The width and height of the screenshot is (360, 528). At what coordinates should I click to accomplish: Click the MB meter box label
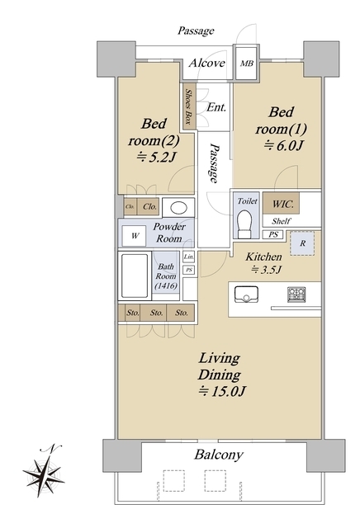247,64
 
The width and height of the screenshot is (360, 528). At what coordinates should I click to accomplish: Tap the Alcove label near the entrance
206,63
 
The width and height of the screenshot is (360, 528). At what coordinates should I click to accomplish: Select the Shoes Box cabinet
189,106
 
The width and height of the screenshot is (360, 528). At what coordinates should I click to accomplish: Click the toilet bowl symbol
244,224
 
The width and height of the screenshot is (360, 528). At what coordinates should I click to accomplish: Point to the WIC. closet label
283,204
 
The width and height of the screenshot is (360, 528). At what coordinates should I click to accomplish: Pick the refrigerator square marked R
302,243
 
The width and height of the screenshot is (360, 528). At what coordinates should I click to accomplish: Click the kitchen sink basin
246,295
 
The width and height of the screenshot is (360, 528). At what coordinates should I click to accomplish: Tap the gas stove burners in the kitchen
296,295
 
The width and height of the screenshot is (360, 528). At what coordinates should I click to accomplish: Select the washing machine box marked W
134,236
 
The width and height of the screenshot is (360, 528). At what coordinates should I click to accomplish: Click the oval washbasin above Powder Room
178,208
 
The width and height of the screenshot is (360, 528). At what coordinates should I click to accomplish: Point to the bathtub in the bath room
135,276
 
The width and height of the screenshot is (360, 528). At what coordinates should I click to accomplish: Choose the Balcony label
219,455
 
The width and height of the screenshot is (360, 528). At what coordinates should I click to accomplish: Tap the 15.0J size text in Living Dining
222,391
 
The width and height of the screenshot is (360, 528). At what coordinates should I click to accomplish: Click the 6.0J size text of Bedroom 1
284,145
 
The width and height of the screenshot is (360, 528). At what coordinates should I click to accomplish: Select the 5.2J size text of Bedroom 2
156,157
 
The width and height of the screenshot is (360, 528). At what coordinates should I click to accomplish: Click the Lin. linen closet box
189,257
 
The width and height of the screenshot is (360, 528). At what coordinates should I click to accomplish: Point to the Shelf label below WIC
281,221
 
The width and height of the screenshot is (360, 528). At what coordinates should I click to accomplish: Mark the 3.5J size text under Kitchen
266,270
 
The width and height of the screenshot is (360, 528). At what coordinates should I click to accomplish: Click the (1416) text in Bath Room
166,286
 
